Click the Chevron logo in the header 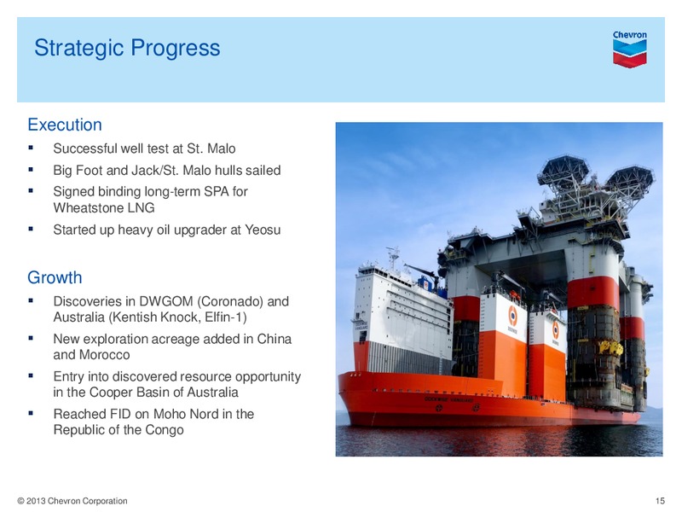(629, 49)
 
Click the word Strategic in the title (79, 48)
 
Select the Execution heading (65, 125)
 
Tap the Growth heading (55, 278)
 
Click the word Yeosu (263, 230)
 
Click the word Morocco (104, 355)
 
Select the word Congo (165, 430)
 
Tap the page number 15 (660, 501)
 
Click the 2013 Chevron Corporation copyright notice (72, 501)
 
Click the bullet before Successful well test (31, 148)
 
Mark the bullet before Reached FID (31, 413)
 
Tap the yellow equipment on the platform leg (610, 347)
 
